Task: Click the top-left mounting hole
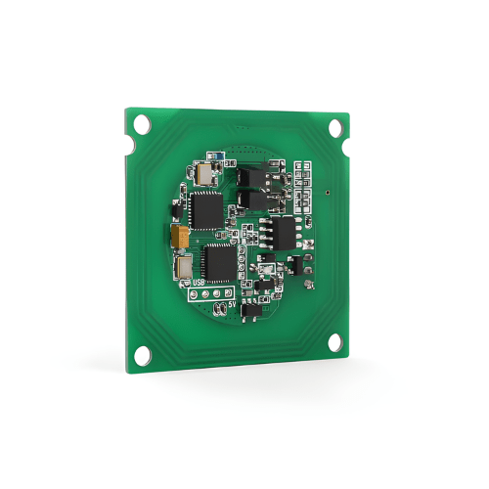pos(142,124)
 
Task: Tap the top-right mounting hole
pos(336,127)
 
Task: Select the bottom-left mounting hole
pos(143,354)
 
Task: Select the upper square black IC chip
pos(206,208)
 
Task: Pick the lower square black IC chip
pos(218,260)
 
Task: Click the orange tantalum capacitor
pos(180,236)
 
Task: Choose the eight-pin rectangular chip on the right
pos(285,233)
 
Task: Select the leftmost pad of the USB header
pos(192,291)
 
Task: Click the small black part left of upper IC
pos(175,208)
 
